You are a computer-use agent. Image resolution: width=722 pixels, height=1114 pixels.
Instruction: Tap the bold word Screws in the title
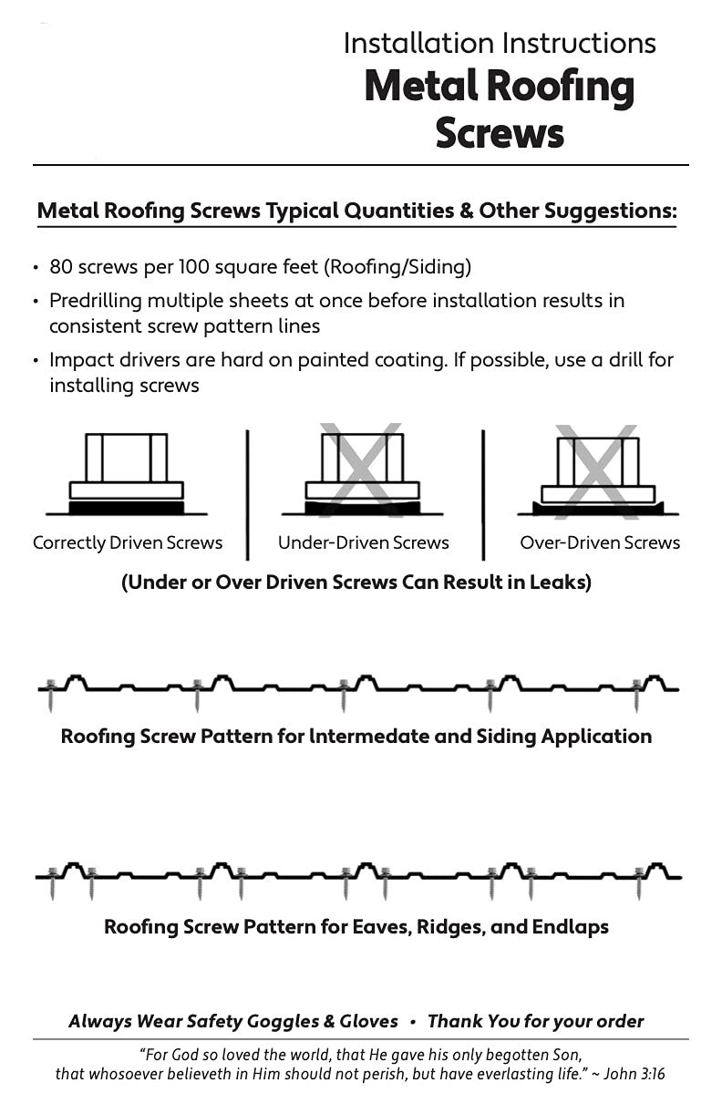pos(500,133)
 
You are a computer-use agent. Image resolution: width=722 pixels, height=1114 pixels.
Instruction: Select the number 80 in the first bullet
pos(61,267)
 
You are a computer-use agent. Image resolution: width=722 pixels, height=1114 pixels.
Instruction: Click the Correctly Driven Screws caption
pos(128,543)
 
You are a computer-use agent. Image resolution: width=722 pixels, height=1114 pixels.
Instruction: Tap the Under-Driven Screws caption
pos(364,542)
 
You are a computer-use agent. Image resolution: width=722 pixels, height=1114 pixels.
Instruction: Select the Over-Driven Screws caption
pos(600,542)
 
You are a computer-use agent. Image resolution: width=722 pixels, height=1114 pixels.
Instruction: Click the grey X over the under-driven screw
pos(362,470)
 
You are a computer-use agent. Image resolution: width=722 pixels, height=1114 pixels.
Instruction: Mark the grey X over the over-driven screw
pos(597,472)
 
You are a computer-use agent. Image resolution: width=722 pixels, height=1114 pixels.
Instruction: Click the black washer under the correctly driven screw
pos(127,507)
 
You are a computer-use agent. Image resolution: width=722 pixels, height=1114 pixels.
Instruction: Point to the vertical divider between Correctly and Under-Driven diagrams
pos(248,495)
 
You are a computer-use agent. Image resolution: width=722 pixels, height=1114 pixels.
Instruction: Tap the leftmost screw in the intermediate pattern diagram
pos(50,695)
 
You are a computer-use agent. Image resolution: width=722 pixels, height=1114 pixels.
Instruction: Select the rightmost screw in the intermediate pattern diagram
pos(636,695)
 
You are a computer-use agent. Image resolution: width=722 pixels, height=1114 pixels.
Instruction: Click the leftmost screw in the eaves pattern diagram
pos(53,883)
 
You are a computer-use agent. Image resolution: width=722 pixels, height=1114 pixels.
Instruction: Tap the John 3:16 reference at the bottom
pos(634,1074)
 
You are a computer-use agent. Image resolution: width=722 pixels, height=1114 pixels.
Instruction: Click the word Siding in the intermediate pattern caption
pos(506,737)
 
